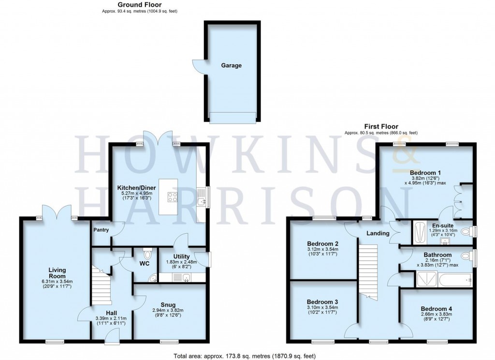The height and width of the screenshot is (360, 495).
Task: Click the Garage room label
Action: point(231,65)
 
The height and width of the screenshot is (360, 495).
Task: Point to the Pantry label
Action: point(101,230)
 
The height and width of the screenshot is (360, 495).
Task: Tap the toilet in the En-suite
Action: point(466,232)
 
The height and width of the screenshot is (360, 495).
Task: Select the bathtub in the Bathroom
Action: point(454,280)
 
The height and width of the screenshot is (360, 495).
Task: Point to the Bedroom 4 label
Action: point(437,309)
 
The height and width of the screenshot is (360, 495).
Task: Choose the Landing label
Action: point(378,233)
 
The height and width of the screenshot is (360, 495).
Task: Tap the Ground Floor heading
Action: point(139,5)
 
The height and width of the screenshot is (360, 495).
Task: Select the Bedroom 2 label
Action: point(322,243)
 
